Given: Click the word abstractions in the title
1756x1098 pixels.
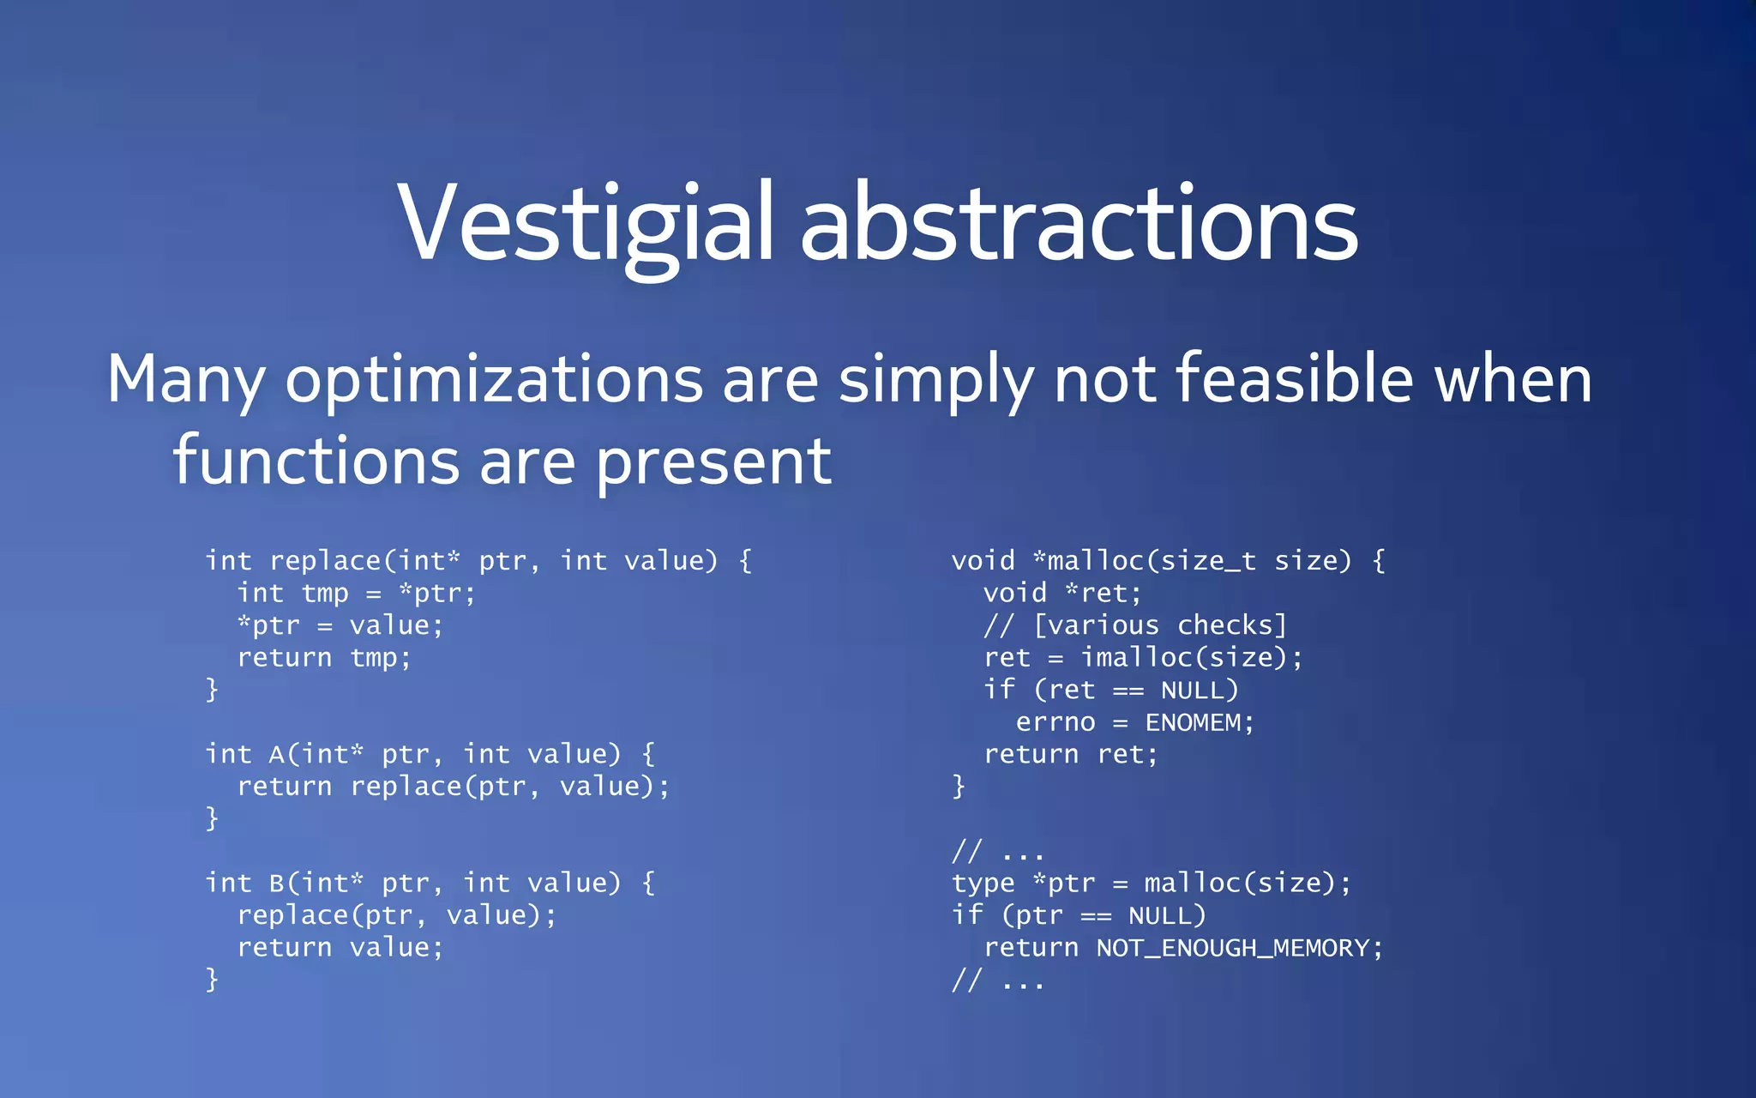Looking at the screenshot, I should pos(1079,225).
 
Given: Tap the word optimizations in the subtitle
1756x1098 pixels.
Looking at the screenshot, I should pos(493,381).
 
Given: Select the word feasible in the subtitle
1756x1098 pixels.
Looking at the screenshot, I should pos(1293,379).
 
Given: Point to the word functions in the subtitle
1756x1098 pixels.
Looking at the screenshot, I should pos(316,461).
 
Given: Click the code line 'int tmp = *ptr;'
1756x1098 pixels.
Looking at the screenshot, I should pos(356,594).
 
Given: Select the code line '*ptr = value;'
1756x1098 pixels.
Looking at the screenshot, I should pos(340,625).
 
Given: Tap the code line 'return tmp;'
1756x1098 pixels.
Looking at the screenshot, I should pos(324,658).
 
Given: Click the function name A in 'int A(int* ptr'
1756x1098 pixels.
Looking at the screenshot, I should pos(277,755).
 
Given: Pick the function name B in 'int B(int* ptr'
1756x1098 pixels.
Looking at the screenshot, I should pos(277,884).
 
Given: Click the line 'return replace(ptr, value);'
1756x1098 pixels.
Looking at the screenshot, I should pos(453,787).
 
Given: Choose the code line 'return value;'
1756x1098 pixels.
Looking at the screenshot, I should pos(340,948).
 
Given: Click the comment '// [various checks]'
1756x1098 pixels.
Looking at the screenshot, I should pos(1135,625).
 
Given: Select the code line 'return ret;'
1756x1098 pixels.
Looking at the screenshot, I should pos(1070,755).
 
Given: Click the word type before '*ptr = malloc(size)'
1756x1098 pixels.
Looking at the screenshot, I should pos(983,884).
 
